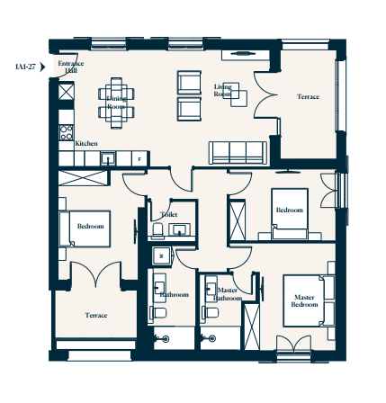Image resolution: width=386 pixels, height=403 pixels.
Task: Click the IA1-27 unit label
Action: click(x=25, y=67)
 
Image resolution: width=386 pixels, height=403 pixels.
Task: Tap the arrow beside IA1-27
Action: click(x=42, y=67)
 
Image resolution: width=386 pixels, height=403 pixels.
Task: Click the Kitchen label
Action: click(x=86, y=144)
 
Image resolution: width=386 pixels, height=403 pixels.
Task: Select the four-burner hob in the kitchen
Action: click(x=67, y=133)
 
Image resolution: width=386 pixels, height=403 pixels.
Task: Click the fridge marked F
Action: click(x=139, y=159)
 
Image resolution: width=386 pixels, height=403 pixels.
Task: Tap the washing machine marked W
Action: click(x=161, y=256)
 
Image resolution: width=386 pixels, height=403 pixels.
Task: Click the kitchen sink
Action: click(x=108, y=158)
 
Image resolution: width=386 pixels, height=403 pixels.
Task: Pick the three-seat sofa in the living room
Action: click(x=238, y=153)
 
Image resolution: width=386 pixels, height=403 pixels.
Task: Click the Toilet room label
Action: click(x=169, y=215)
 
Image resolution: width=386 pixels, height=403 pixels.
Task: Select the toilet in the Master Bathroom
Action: click(x=211, y=313)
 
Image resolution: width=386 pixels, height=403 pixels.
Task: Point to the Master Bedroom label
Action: click(x=304, y=300)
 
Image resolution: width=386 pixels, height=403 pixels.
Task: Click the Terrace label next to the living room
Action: click(x=309, y=97)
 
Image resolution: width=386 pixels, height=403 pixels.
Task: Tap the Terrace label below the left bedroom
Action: click(x=96, y=315)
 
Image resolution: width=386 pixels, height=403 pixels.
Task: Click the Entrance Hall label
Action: click(x=71, y=67)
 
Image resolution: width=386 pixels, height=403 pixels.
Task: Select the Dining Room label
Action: click(x=116, y=103)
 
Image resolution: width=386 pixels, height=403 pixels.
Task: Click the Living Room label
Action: click(x=223, y=90)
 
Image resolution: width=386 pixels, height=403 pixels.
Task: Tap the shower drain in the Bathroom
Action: click(x=166, y=339)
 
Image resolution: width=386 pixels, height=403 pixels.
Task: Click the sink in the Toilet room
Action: click(x=179, y=230)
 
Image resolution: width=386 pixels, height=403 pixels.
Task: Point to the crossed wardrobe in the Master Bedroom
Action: click(x=252, y=327)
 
